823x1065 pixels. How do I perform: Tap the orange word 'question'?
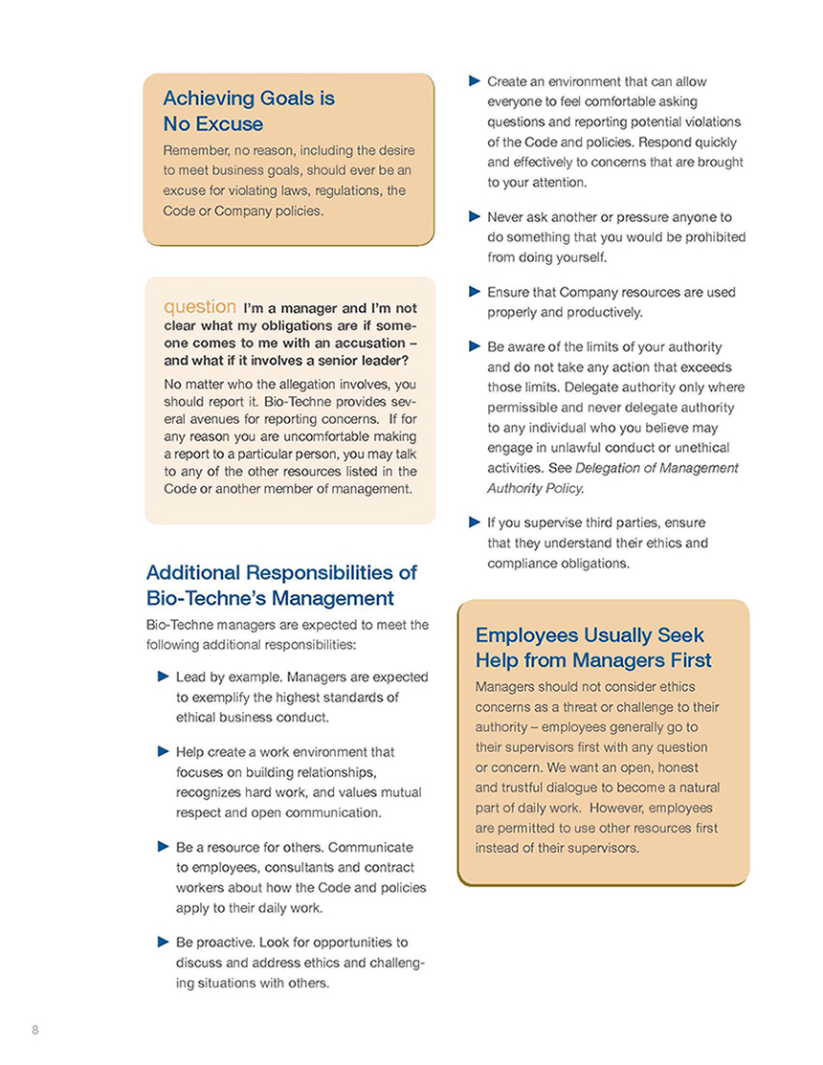pyautogui.click(x=200, y=307)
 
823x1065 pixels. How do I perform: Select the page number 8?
pyautogui.click(x=35, y=1029)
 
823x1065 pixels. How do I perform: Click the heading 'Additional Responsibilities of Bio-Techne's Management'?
pyautogui.click(x=280, y=585)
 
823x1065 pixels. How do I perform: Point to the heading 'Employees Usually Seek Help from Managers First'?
pyautogui.click(x=592, y=648)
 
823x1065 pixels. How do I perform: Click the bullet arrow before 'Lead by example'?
pyautogui.click(x=163, y=677)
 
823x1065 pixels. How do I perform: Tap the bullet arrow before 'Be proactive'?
pyautogui.click(x=163, y=942)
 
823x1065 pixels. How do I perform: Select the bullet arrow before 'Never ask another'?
pyautogui.click(x=473, y=216)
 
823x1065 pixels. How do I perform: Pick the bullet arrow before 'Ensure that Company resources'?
pyautogui.click(x=473, y=292)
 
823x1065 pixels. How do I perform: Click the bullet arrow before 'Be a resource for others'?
pyautogui.click(x=163, y=847)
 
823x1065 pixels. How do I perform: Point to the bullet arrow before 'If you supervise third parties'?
pyautogui.click(x=473, y=522)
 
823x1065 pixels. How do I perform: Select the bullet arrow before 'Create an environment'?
pyautogui.click(x=473, y=81)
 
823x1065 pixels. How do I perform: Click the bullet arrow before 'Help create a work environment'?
pyautogui.click(x=163, y=752)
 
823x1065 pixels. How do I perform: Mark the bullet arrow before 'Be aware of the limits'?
pyautogui.click(x=473, y=345)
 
